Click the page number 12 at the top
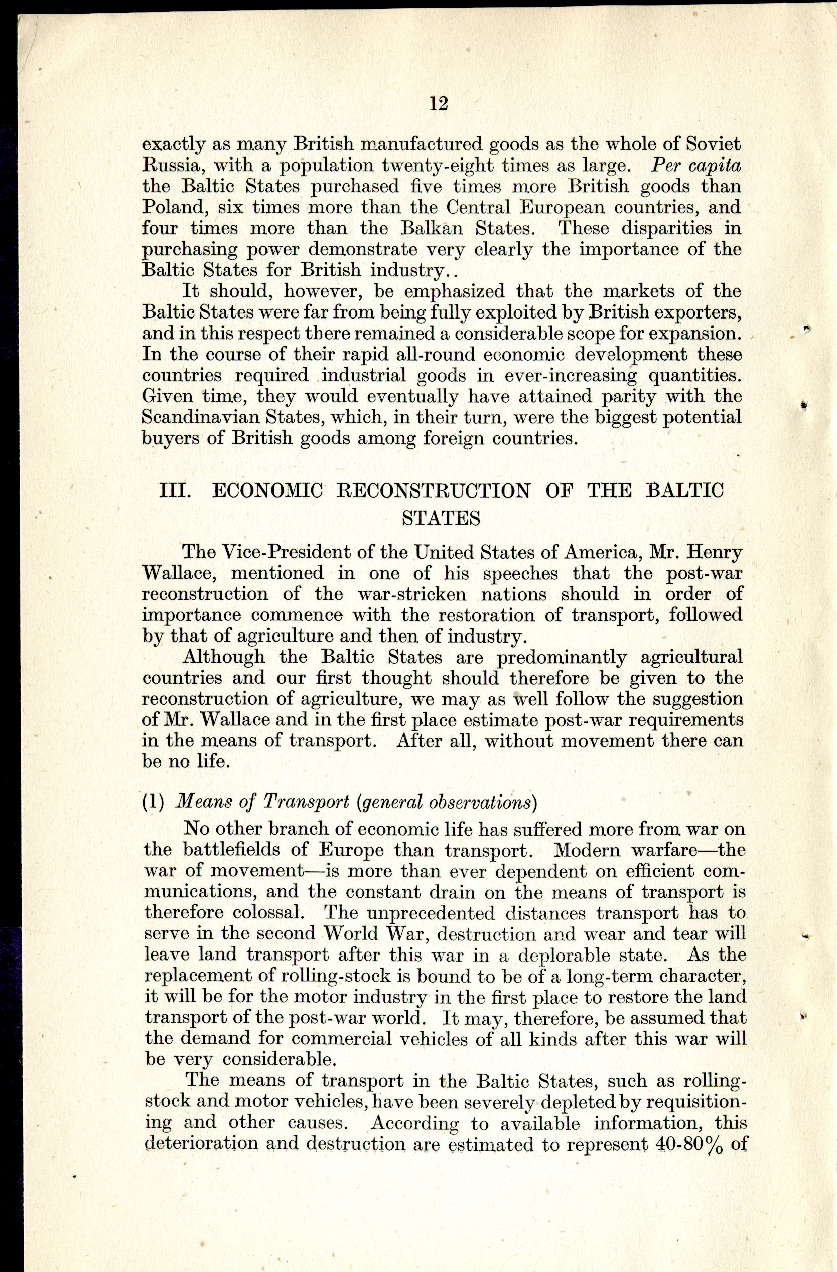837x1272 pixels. pos(438,103)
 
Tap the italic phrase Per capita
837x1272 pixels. pos(696,165)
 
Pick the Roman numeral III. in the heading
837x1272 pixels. pos(176,491)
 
